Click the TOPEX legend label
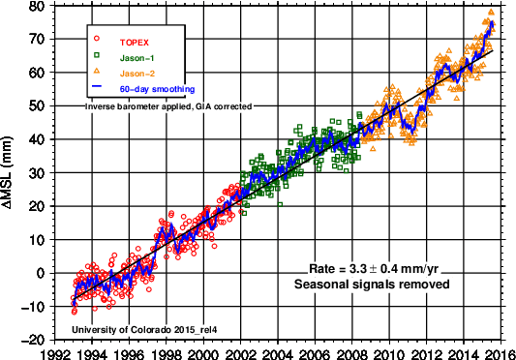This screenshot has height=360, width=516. coord(135,43)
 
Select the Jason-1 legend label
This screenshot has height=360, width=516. coord(137,59)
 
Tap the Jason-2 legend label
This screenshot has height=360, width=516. coord(137,74)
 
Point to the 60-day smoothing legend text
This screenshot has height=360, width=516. coord(157,89)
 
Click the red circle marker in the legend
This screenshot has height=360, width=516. coord(97,39)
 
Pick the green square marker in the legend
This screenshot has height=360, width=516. coord(97,55)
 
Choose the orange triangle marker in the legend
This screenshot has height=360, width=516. coord(97,71)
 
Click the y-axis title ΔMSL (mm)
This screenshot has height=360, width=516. coord(7,172)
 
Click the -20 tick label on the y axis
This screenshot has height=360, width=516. coord(33,340)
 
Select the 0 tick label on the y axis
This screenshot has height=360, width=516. coord(41,273)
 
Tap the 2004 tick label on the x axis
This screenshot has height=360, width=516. coord(278,354)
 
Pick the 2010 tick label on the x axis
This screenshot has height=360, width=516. coord(389,354)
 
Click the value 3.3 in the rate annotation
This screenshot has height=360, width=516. coord(357,269)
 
